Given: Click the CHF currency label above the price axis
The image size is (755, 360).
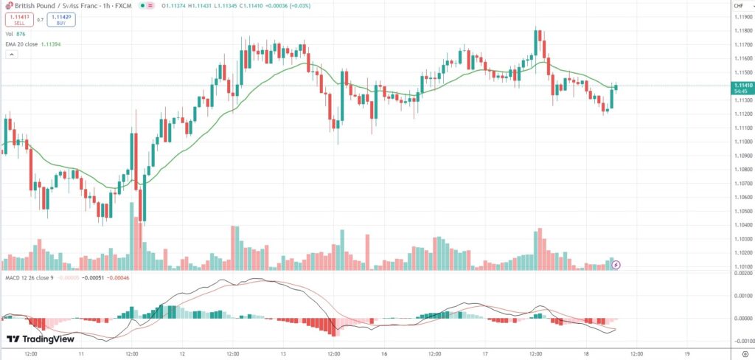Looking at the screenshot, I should click(x=738, y=6).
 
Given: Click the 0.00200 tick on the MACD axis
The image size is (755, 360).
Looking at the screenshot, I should click(x=742, y=273).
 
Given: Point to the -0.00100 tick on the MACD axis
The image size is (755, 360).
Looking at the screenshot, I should click(x=742, y=341).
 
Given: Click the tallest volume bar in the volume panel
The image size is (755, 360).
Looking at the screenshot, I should click(x=133, y=237).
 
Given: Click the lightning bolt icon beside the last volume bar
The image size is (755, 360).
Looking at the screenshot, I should click(x=616, y=264).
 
